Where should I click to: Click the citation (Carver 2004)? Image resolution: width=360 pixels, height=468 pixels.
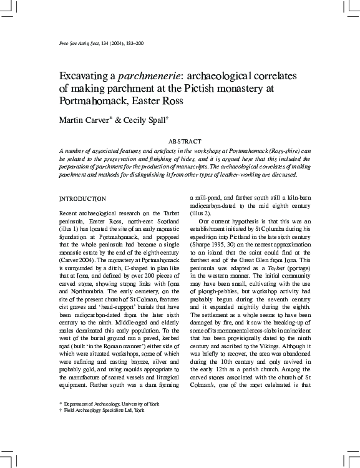point(75,258)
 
